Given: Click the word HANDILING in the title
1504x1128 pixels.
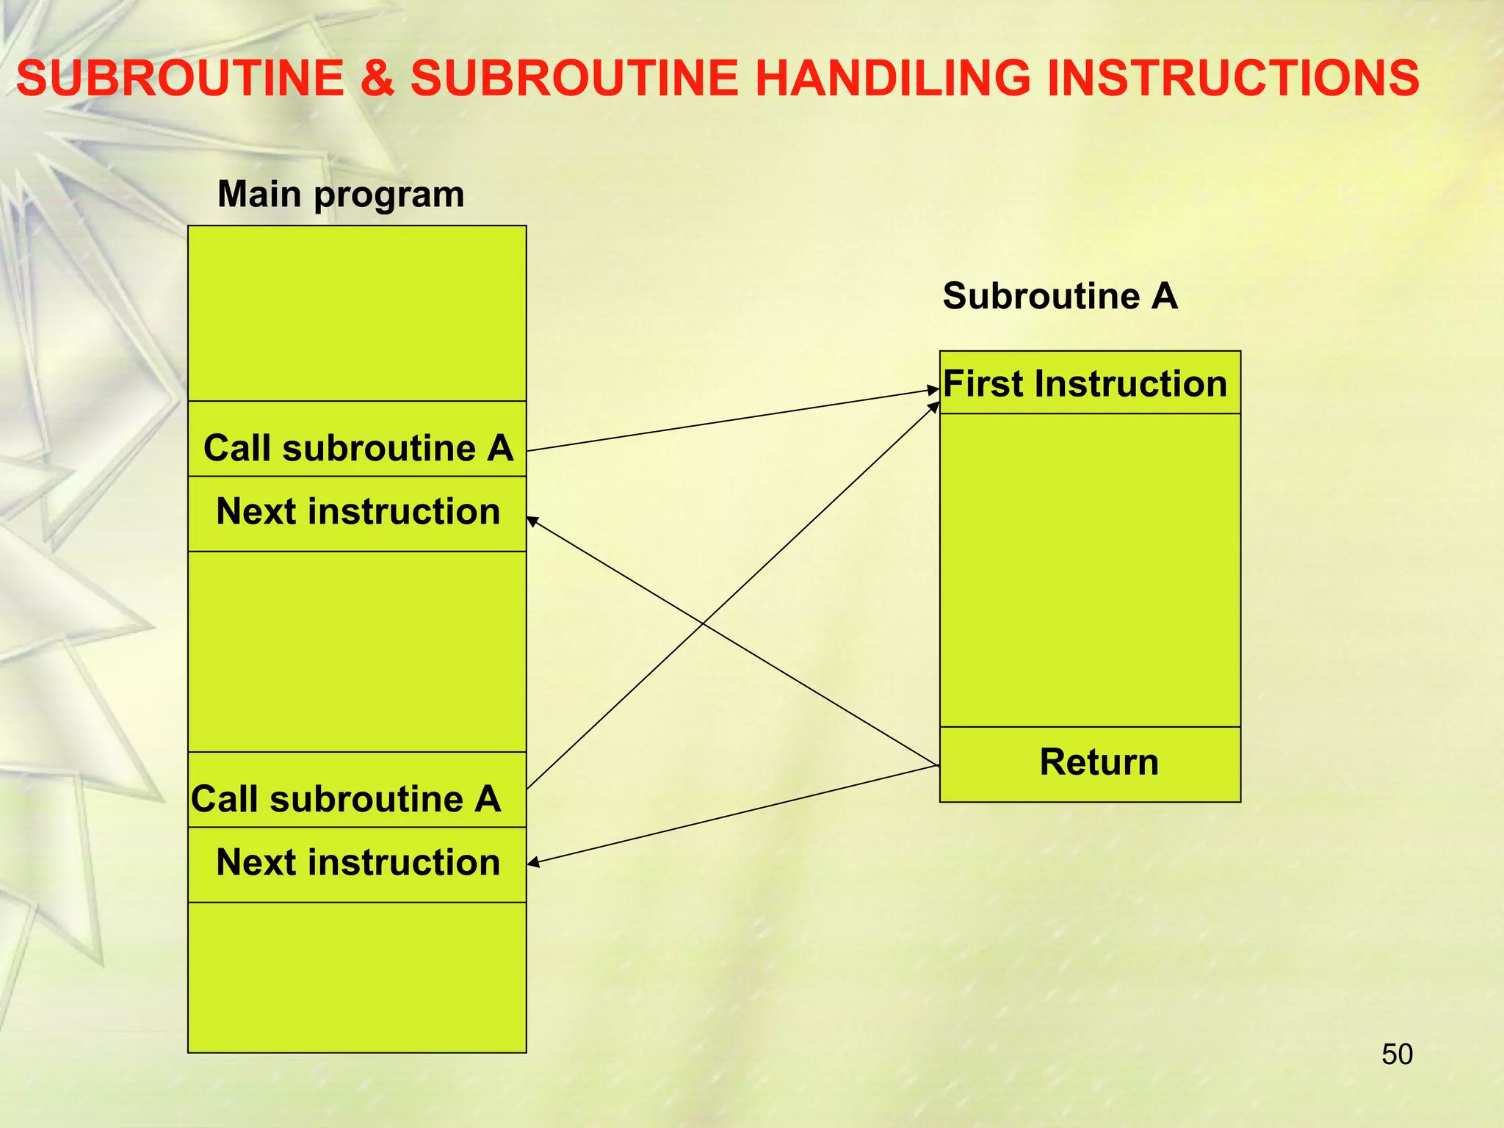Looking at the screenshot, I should coord(892,79).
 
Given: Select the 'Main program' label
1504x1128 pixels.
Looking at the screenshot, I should coord(341,195).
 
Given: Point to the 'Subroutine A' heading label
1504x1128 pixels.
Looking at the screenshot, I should coord(1060,296).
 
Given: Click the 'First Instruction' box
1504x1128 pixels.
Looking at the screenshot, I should coord(1089,383).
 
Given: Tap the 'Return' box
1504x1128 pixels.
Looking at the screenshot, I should coord(1090,764).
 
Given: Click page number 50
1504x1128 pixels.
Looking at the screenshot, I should coord(1397,1054).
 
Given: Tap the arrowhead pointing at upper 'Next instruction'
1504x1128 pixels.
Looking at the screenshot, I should coord(532,520).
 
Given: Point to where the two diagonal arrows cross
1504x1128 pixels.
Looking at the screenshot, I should coord(704,623).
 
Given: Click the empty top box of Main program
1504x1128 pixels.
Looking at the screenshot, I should coord(358,314).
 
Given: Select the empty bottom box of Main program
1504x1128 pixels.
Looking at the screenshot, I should coord(358,977).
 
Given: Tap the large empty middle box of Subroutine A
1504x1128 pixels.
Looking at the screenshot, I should coord(1090,570).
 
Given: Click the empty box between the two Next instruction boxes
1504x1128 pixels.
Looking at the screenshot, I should coord(358,651).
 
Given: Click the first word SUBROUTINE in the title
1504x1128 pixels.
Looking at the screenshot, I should coord(181,79).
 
